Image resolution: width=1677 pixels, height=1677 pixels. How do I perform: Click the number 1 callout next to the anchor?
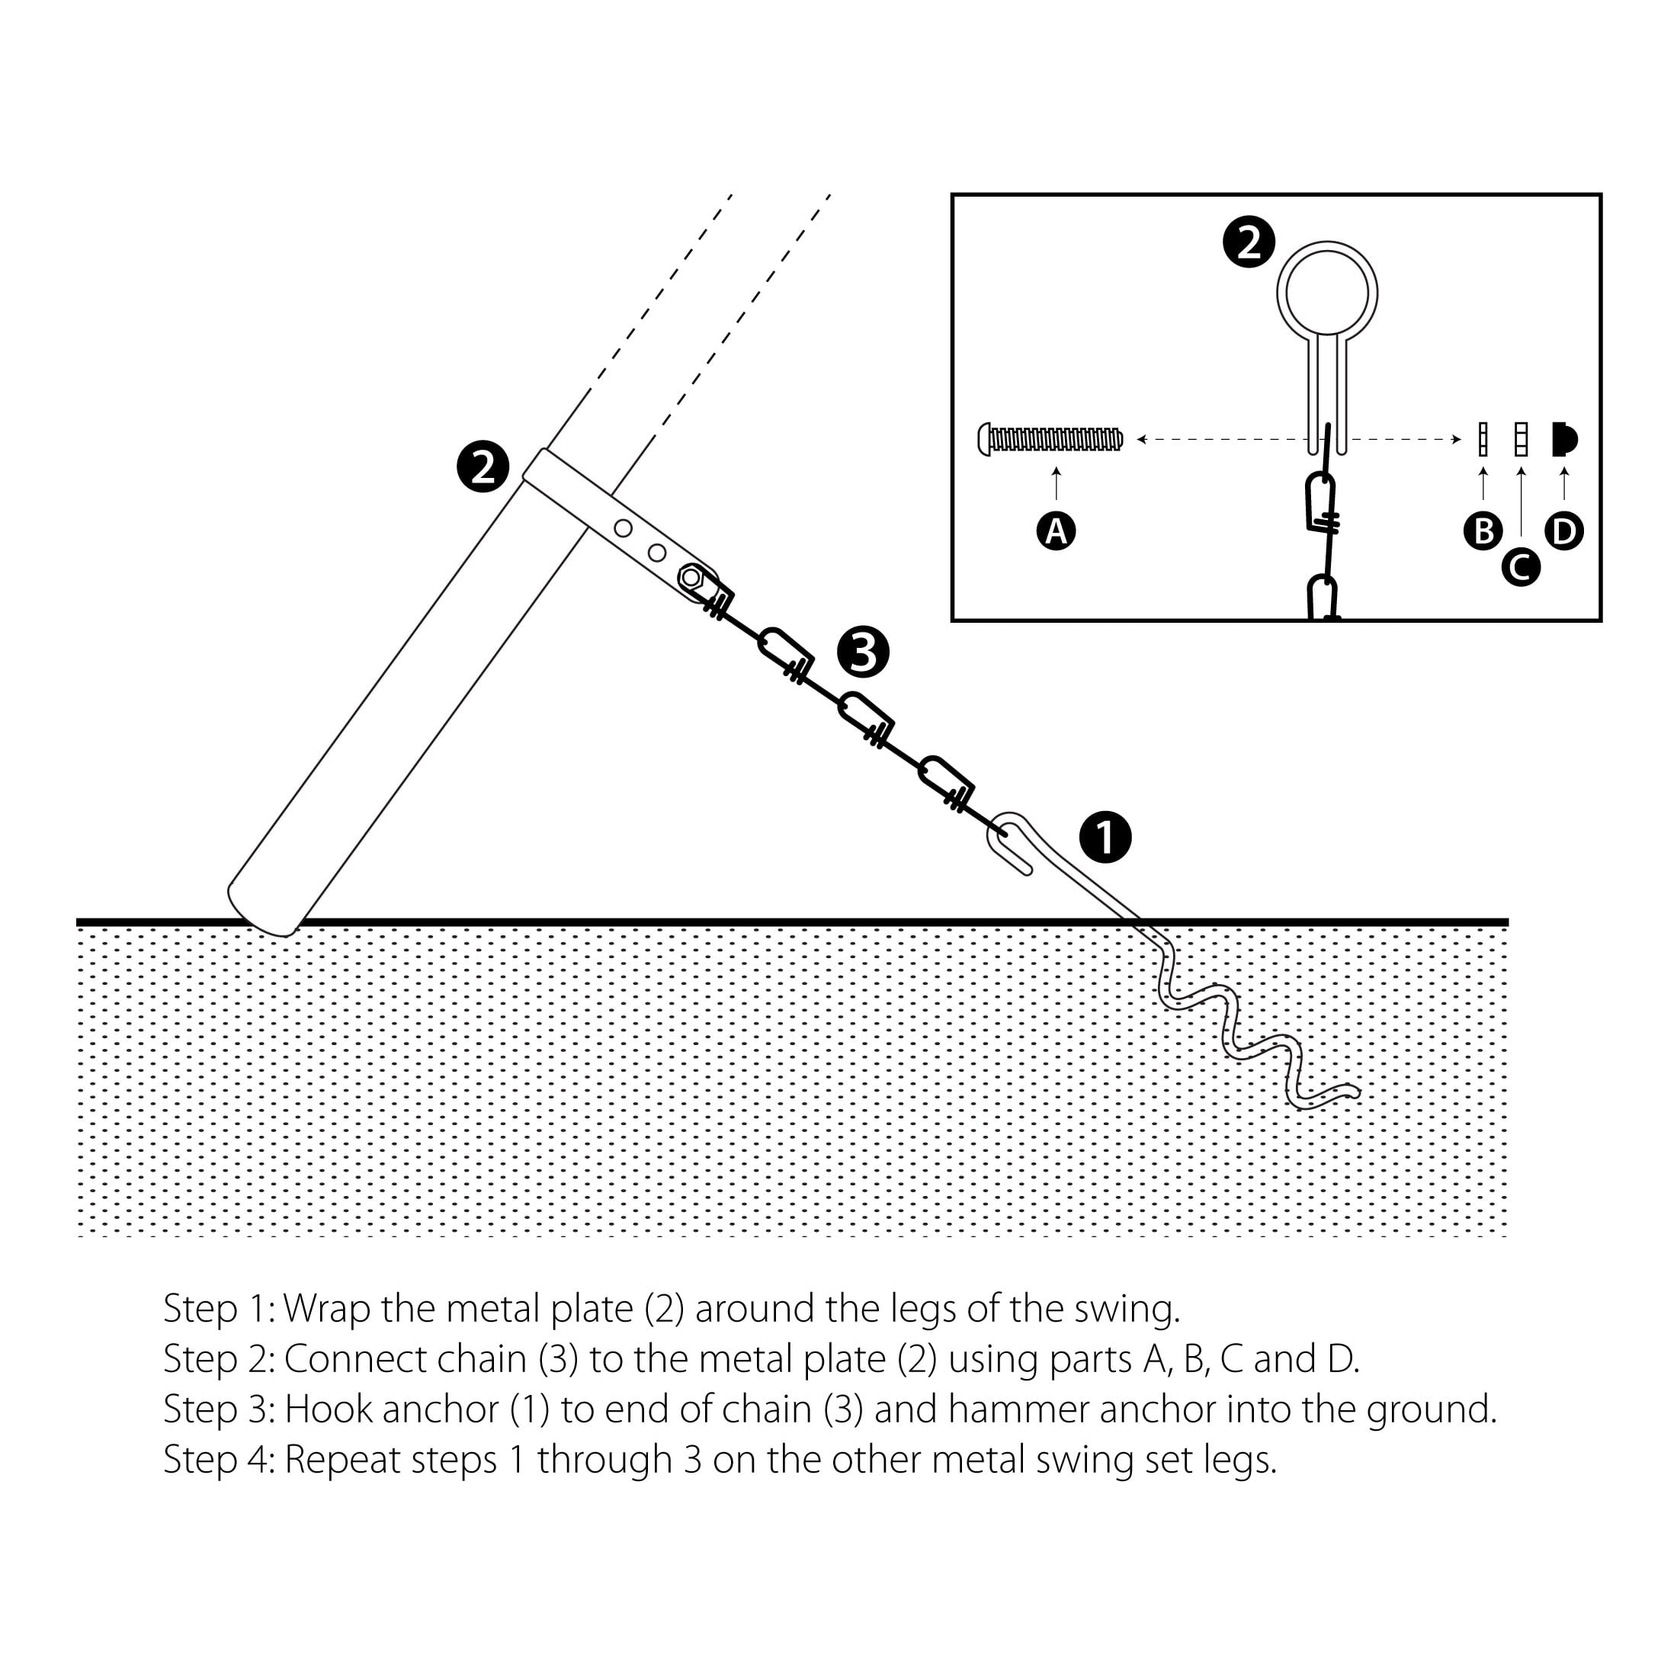[1105, 838]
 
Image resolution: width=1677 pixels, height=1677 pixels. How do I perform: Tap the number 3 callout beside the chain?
[863, 652]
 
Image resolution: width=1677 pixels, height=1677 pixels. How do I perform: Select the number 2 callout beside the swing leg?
[483, 467]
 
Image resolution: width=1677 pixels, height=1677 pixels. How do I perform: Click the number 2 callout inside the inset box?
[1248, 242]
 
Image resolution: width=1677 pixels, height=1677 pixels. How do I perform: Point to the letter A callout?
[1056, 531]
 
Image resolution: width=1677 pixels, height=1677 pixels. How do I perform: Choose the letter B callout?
[1483, 531]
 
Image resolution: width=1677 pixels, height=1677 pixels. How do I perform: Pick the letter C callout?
[1521, 567]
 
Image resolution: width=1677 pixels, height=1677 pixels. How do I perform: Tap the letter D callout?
[1564, 531]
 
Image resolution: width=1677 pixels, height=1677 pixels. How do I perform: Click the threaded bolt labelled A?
[1050, 439]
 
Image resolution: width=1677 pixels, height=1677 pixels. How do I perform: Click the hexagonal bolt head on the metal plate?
[691, 576]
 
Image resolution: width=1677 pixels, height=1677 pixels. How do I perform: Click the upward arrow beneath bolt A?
[1056, 483]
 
